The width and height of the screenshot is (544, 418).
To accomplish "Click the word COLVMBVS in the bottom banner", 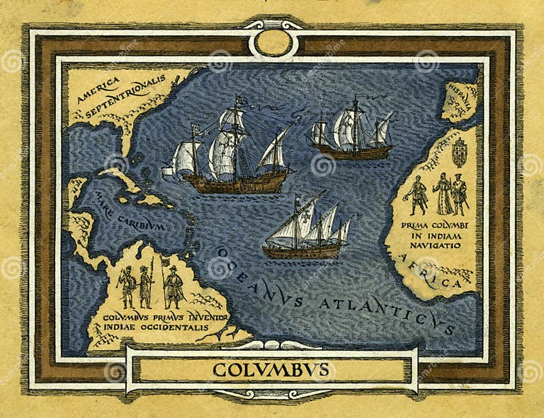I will [x=271, y=369].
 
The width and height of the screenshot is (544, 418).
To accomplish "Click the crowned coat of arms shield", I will [x=460, y=151].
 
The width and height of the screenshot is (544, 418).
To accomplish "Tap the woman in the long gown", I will [x=443, y=193].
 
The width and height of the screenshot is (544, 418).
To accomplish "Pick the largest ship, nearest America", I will [x=230, y=152].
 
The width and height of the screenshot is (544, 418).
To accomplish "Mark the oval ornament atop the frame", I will [x=273, y=42].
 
